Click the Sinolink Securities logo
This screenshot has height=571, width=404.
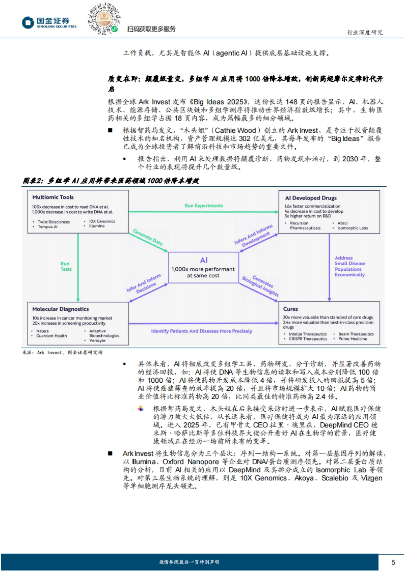pyautogui.click(x=49, y=23)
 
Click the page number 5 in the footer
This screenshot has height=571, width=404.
pyautogui.click(x=393, y=562)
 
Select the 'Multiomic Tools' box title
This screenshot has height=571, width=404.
pyautogui.click(x=53, y=197)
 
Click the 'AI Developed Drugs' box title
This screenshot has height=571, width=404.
pyautogui.click(x=311, y=198)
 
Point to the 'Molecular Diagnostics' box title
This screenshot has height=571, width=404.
pyautogui.click(x=61, y=309)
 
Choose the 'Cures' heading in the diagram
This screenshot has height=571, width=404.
pyautogui.click(x=290, y=309)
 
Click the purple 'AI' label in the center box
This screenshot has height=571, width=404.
pyautogui.click(x=204, y=260)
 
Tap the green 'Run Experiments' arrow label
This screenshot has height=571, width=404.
pyautogui.click(x=204, y=206)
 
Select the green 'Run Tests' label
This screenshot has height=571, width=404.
pyautogui.click(x=66, y=266)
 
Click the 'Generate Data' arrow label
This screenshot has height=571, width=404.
pyautogui.click(x=148, y=237)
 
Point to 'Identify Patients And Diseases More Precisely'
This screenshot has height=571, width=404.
pyautogui.click(x=201, y=331)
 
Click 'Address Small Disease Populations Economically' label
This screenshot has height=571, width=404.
pyautogui.click(x=350, y=266)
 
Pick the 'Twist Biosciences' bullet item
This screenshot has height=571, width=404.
pyautogui.click(x=54, y=222)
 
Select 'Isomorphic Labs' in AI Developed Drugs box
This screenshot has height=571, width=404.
pyautogui.click(x=352, y=228)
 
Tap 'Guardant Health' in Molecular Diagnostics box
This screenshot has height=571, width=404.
pyautogui.click(x=52, y=336)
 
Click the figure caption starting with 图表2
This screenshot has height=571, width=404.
pyautogui.click(x=111, y=181)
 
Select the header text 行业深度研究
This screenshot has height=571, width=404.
pyautogui.click(x=365, y=32)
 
